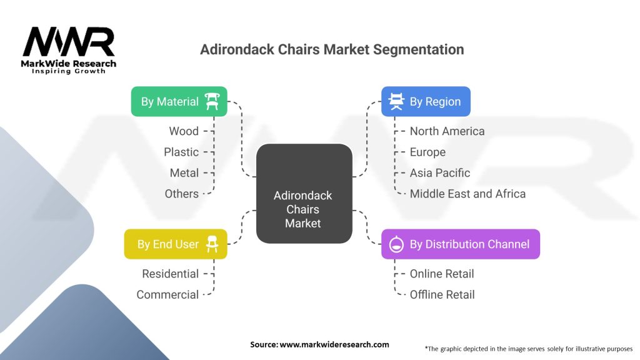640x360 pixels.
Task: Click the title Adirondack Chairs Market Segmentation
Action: tap(332, 49)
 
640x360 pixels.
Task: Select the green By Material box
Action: tap(179, 101)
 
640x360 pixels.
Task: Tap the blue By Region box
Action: tap(426, 101)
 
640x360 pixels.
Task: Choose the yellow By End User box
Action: tap(176, 244)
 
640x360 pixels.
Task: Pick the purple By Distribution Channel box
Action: tap(460, 244)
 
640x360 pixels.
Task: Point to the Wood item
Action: tap(184, 131)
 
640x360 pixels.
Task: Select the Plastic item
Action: tap(181, 152)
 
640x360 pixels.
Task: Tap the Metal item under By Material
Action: tap(184, 172)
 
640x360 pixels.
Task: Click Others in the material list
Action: tap(181, 194)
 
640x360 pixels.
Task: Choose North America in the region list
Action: tap(447, 131)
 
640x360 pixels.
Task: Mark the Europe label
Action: tap(427, 152)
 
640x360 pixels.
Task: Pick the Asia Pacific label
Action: tap(440, 172)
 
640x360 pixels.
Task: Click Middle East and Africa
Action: tap(467, 194)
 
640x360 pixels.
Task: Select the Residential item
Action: tap(170, 274)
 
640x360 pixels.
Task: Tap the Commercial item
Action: tap(167, 294)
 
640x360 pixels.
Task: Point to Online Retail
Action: tap(442, 274)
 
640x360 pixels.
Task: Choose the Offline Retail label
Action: tap(442, 294)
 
